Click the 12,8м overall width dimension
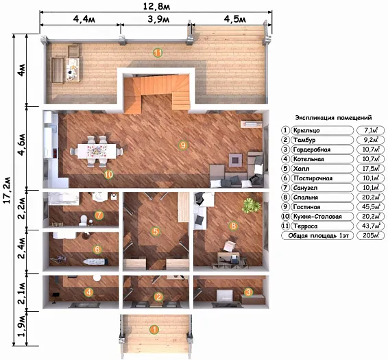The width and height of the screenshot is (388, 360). (x=156, y=6)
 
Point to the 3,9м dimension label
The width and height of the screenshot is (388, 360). (x=158, y=19)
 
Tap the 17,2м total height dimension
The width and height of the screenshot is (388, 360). (x=7, y=190)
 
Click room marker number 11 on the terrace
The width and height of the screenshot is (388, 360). (x=158, y=53)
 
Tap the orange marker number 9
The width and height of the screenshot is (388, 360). (x=183, y=145)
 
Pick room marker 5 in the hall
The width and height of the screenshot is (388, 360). (x=156, y=232)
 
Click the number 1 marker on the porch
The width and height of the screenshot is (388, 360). (x=154, y=330)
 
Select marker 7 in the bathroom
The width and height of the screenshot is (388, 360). (x=99, y=215)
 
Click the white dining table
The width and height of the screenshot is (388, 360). (x=97, y=152)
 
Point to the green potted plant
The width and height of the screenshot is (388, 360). (x=252, y=206)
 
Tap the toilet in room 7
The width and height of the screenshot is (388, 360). (x=84, y=220)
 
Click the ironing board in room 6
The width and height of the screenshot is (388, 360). (x=95, y=261)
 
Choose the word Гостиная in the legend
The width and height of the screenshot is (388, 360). (x=306, y=207)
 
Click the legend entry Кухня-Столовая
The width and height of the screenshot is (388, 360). (x=317, y=217)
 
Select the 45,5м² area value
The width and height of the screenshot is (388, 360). (x=371, y=206)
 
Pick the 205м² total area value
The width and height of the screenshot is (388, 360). (x=371, y=235)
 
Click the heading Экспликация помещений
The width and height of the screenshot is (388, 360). (x=333, y=118)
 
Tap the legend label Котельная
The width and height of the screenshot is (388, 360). (x=308, y=159)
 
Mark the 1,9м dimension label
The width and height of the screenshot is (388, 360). (x=21, y=328)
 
